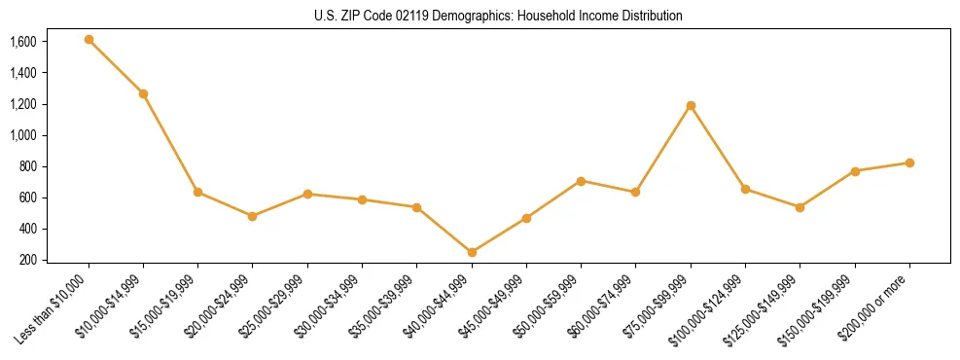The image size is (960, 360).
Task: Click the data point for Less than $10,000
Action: click(89, 40)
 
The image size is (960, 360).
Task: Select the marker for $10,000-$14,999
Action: click(143, 93)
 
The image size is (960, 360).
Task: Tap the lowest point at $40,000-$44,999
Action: click(472, 252)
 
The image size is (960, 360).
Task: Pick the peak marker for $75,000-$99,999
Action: click(691, 105)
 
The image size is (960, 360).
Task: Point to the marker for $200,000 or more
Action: click(909, 162)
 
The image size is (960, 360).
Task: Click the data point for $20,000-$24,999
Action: click(253, 216)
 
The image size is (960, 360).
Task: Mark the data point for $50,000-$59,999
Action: click(581, 181)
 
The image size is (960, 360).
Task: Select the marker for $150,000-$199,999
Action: click(855, 171)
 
